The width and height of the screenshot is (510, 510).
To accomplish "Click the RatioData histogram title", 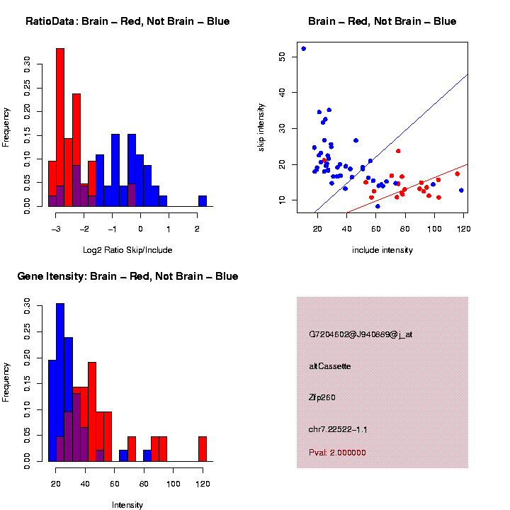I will click(127, 21).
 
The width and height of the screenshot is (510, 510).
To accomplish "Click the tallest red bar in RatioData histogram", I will click(60, 127).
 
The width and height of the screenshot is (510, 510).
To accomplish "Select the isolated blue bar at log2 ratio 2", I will click(203, 201).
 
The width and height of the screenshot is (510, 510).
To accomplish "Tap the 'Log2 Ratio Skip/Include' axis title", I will click(127, 249).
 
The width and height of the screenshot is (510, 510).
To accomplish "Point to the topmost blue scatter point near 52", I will click(304, 49).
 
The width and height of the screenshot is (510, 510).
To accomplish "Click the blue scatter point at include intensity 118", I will click(461, 190).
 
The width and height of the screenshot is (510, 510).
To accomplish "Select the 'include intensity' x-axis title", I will click(382, 249).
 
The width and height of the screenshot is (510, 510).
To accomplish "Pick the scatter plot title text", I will click(382, 21).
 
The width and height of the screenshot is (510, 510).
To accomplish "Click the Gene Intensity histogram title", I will click(127, 276).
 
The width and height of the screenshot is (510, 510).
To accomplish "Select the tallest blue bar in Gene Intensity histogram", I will click(60, 382).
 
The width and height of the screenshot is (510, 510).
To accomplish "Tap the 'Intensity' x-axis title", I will click(127, 505).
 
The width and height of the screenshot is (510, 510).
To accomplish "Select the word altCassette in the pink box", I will click(330, 366).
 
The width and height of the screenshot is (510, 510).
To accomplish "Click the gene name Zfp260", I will click(322, 397).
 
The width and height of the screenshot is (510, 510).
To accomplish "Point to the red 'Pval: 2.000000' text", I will click(338, 453).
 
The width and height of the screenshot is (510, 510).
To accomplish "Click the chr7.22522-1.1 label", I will click(338, 429).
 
